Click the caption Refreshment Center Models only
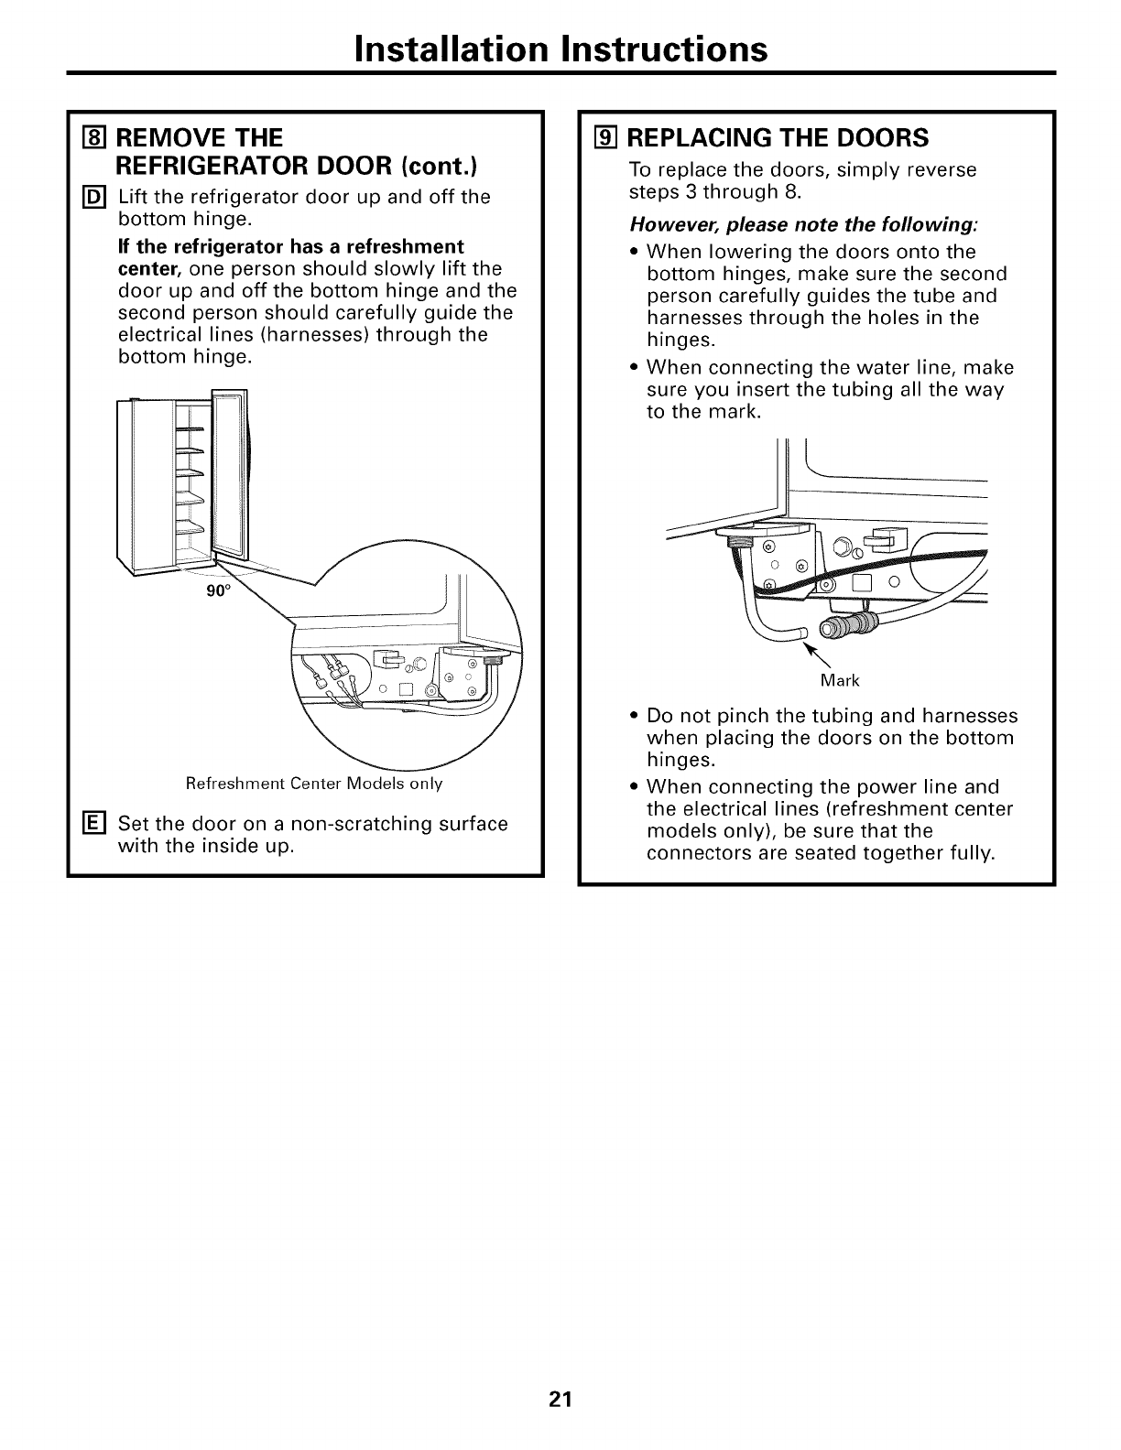pos(314,784)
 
